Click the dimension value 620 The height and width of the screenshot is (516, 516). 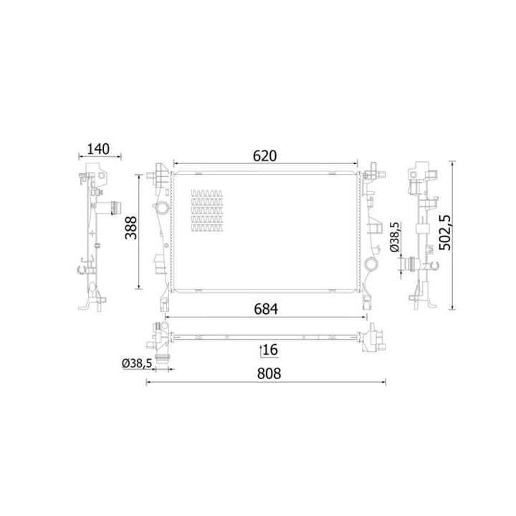pos(265,156)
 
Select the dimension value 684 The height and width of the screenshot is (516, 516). pos(266,309)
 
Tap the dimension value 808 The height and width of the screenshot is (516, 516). pos(269,373)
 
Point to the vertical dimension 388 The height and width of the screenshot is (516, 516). pos(131,228)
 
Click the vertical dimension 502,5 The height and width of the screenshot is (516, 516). pos(446,232)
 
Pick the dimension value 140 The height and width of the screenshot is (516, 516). pos(98,149)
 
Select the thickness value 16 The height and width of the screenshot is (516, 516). pos(270,350)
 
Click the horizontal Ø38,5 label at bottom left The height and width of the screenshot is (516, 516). pos(137,363)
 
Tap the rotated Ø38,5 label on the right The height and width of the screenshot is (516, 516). pos(395,237)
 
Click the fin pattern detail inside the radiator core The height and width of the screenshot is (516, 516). pos(206,211)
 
